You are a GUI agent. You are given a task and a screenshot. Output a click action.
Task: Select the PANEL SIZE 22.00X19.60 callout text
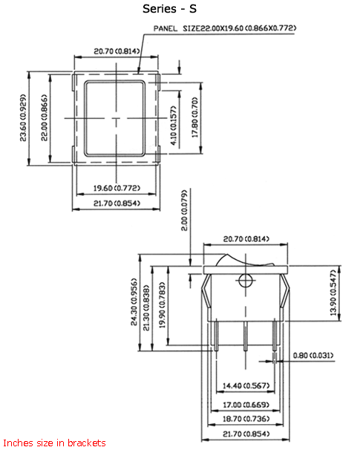[x=225, y=28]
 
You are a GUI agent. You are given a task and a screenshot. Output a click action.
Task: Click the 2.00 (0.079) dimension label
[x=184, y=212]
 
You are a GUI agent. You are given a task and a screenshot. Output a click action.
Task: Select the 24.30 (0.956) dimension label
[x=134, y=303]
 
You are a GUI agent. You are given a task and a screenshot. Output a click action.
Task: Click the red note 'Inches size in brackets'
[x=53, y=443]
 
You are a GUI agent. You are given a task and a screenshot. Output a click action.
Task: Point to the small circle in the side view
[x=245, y=280]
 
